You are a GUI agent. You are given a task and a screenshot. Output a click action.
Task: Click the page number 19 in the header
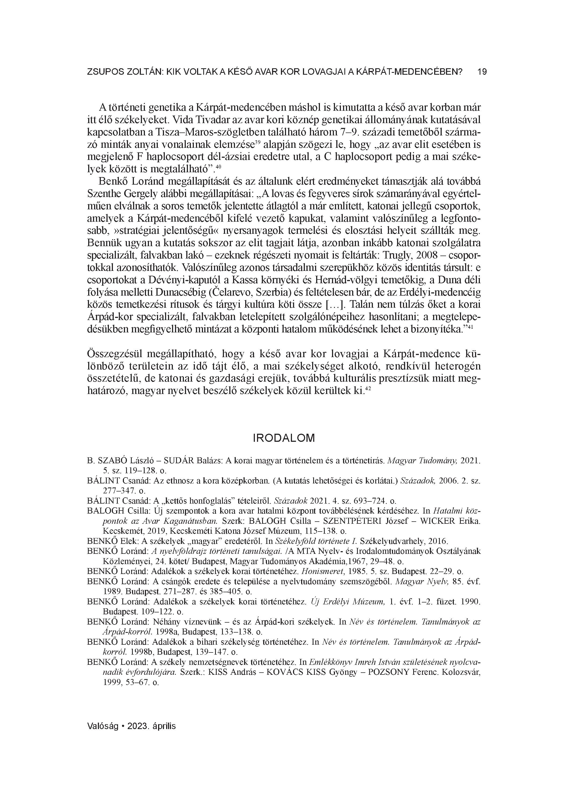[482, 72]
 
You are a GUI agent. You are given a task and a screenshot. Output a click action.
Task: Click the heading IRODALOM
[284, 438]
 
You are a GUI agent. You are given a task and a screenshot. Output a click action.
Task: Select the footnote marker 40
[219, 167]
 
